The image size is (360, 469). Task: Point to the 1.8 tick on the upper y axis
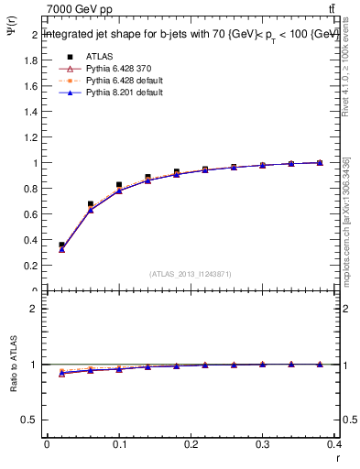pos(33,60)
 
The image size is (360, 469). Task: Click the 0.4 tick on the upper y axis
pos(33,240)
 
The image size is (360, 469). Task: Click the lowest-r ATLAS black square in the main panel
pos(61,245)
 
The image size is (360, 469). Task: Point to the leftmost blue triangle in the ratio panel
pos(61,374)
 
